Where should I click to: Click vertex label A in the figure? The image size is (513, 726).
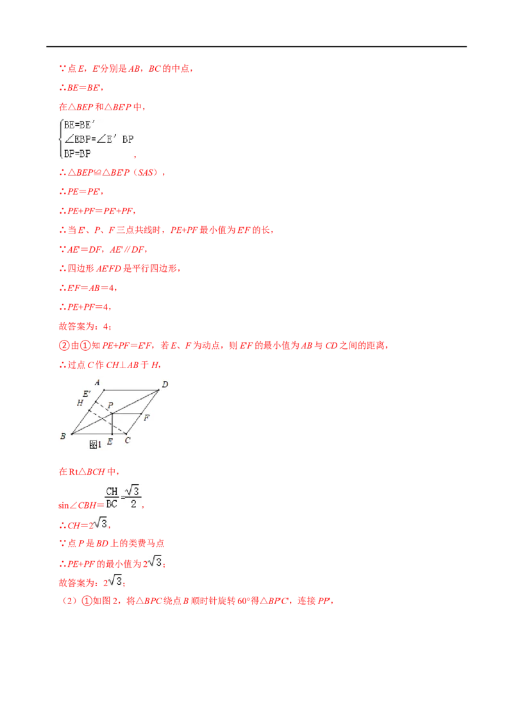tap(97, 382)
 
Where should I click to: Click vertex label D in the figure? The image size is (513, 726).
tap(165, 384)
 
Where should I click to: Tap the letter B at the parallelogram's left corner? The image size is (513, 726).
tap(63, 436)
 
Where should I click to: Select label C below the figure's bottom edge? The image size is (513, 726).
tap(128, 441)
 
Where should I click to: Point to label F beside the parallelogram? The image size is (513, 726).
tap(146, 418)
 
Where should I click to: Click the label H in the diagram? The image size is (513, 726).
tap(80, 403)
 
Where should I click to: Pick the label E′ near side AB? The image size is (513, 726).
tap(87, 394)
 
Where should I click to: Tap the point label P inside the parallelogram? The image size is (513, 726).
tap(110, 405)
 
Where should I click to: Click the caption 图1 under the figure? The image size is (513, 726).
tap(95, 444)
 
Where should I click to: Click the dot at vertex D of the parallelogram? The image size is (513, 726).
tap(159, 390)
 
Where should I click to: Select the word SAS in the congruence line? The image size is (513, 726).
tap(146, 173)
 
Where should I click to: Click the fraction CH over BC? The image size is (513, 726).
tap(112, 498)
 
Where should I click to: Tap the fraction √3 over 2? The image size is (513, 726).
tap(133, 497)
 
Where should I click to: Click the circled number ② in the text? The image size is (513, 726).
tap(64, 346)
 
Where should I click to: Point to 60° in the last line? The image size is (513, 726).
tap(244, 601)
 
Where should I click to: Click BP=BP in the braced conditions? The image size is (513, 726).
tap(78, 153)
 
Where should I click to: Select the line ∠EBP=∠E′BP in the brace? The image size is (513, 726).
tap(99, 139)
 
